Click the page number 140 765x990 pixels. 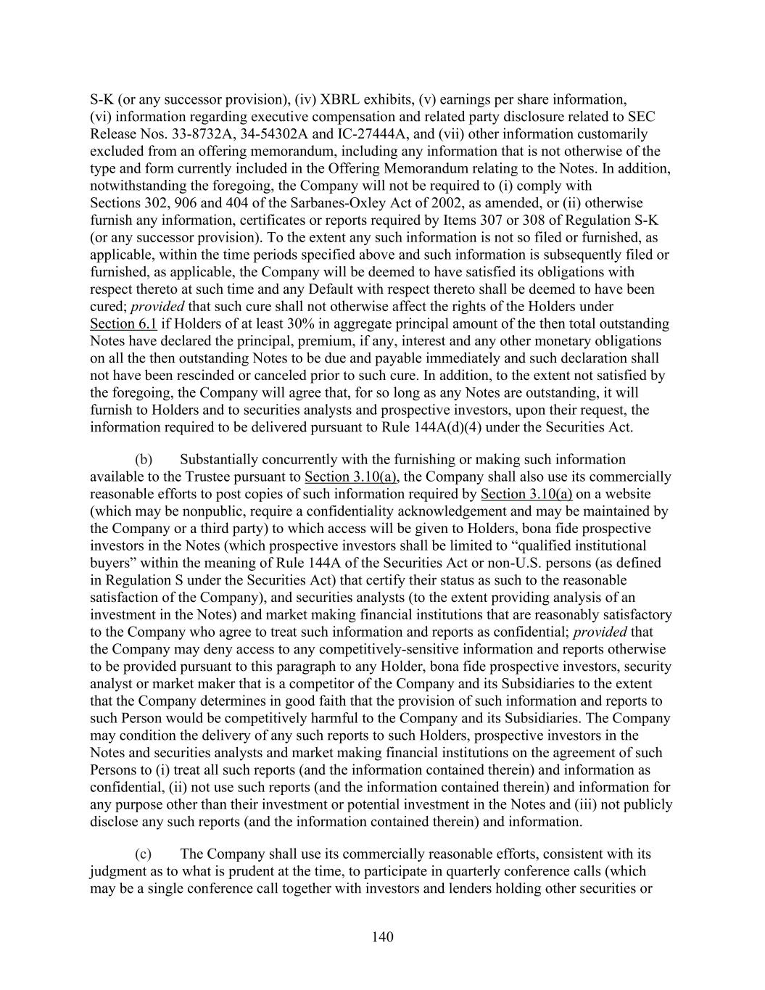point(382,937)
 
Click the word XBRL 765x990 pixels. point(339,99)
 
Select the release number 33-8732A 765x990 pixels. point(183,134)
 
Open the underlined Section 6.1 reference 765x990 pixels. point(123,323)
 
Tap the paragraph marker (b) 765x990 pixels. point(144,459)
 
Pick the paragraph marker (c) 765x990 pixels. point(144,854)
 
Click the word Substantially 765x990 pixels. point(219,459)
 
